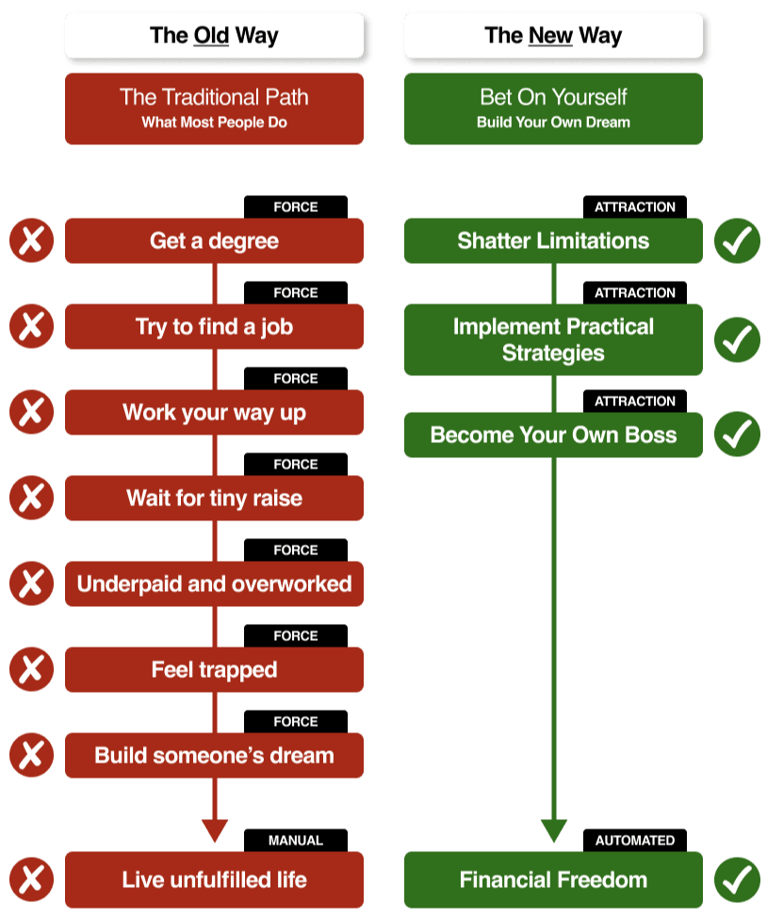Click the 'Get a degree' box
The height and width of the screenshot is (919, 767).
click(x=214, y=241)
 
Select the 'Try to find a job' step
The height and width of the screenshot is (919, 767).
click(x=214, y=327)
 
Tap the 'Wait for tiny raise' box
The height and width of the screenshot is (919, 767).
click(x=214, y=499)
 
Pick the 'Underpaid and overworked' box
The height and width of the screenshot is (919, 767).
click(x=214, y=584)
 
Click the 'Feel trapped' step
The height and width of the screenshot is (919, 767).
click(x=214, y=670)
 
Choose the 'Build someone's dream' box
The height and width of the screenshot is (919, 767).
click(x=214, y=756)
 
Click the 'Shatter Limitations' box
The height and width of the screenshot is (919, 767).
click(x=553, y=241)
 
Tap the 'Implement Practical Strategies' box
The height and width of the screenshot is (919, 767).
click(x=553, y=339)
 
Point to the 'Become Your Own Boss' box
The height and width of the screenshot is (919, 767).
click(x=553, y=435)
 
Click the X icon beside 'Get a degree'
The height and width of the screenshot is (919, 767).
click(x=32, y=241)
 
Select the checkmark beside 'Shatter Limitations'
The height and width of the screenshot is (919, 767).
click(x=737, y=241)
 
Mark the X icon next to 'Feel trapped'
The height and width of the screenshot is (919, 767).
click(x=32, y=670)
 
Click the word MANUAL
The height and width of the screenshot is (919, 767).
click(x=295, y=840)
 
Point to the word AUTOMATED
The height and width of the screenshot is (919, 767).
click(x=635, y=840)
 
